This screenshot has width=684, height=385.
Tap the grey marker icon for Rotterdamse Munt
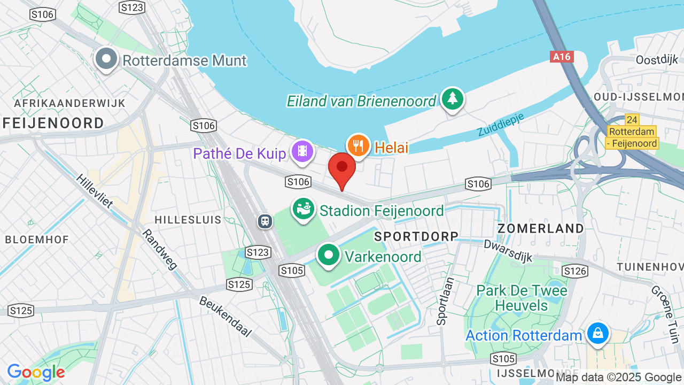(106, 59)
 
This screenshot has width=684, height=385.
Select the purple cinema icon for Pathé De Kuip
(302, 151)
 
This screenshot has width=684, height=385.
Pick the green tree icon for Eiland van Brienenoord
(453, 99)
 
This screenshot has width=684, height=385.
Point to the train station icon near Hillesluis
(265, 221)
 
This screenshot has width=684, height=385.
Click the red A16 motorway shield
(562, 57)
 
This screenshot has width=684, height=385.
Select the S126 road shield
(575, 271)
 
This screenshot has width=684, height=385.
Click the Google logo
(36, 372)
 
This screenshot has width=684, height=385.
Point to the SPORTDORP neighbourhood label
(416, 236)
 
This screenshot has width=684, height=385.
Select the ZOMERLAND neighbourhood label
(541, 228)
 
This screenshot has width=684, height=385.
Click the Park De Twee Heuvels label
(522, 298)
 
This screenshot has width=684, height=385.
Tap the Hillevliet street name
(95, 191)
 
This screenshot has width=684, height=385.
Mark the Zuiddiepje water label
(501, 124)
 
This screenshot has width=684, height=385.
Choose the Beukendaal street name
(225, 316)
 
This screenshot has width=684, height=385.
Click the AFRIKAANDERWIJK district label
(70, 103)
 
